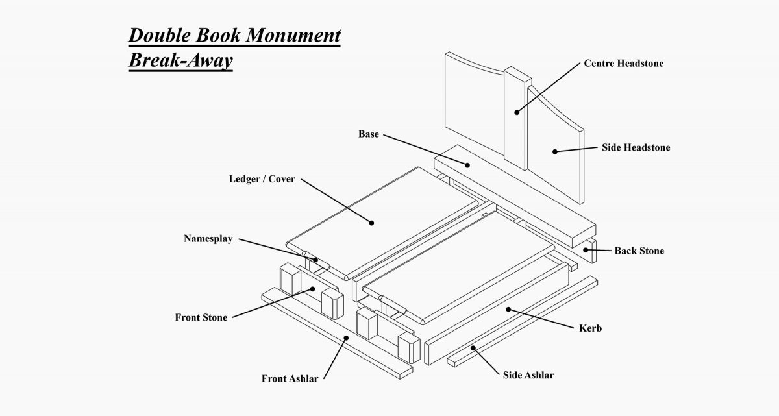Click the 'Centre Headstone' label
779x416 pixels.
tap(623, 64)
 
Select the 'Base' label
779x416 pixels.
tap(368, 134)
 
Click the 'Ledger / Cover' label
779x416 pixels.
tap(262, 179)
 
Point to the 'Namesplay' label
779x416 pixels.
tap(208, 238)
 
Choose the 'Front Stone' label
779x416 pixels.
tap(201, 318)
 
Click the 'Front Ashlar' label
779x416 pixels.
tap(290, 379)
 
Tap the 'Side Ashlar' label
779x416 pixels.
tap(528, 375)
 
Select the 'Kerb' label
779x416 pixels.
tap(590, 328)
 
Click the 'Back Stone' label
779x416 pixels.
tap(639, 251)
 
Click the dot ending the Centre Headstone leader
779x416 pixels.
tap(517, 112)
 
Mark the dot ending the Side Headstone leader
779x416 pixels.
tap(555, 152)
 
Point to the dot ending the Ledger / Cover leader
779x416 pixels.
tap(372, 223)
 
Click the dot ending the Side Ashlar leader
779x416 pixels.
tap(474, 349)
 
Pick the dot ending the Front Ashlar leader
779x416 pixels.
tap(347, 337)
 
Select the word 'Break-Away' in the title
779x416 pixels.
tap(180, 60)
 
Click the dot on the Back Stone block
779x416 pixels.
tap(586, 249)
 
